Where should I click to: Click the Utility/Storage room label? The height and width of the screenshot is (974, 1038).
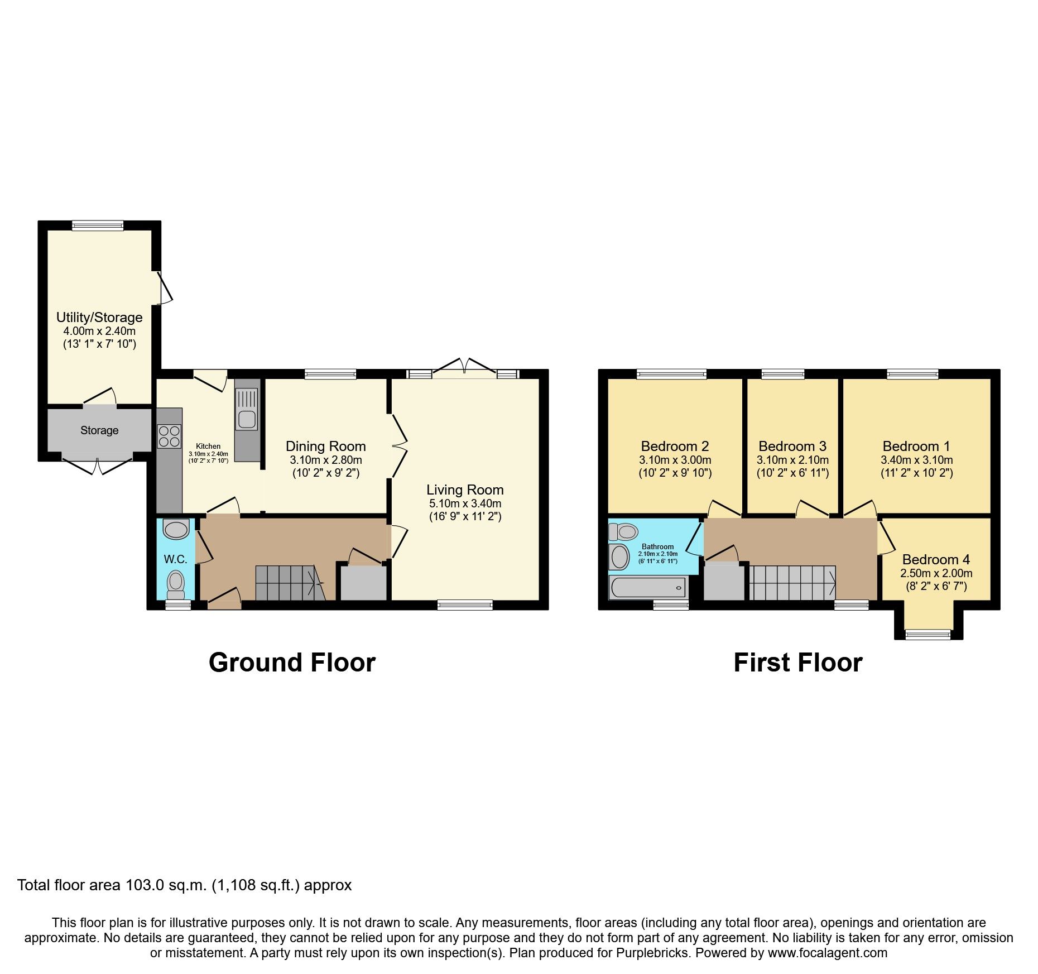tap(99, 318)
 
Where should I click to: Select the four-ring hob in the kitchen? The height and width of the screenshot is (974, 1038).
tap(169, 436)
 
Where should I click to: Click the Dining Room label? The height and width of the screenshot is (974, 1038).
tap(326, 446)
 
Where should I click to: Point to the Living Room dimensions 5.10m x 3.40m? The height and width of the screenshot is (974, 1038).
tap(465, 503)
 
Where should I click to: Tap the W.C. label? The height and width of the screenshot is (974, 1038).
tap(175, 559)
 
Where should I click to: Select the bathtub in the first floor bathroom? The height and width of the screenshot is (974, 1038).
tap(648, 587)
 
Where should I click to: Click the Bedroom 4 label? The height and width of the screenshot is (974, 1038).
tap(936, 559)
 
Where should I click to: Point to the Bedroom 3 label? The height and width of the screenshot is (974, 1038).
tap(792, 446)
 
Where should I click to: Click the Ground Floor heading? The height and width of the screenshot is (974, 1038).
tap(292, 663)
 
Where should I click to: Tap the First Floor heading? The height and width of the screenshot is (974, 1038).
tap(797, 663)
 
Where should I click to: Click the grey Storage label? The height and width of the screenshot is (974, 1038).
tap(99, 430)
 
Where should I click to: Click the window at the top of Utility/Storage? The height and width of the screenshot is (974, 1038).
tap(98, 225)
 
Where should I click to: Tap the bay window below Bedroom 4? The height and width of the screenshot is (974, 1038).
tap(928, 634)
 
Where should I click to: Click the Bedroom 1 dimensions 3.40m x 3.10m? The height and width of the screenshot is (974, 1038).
tap(916, 460)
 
